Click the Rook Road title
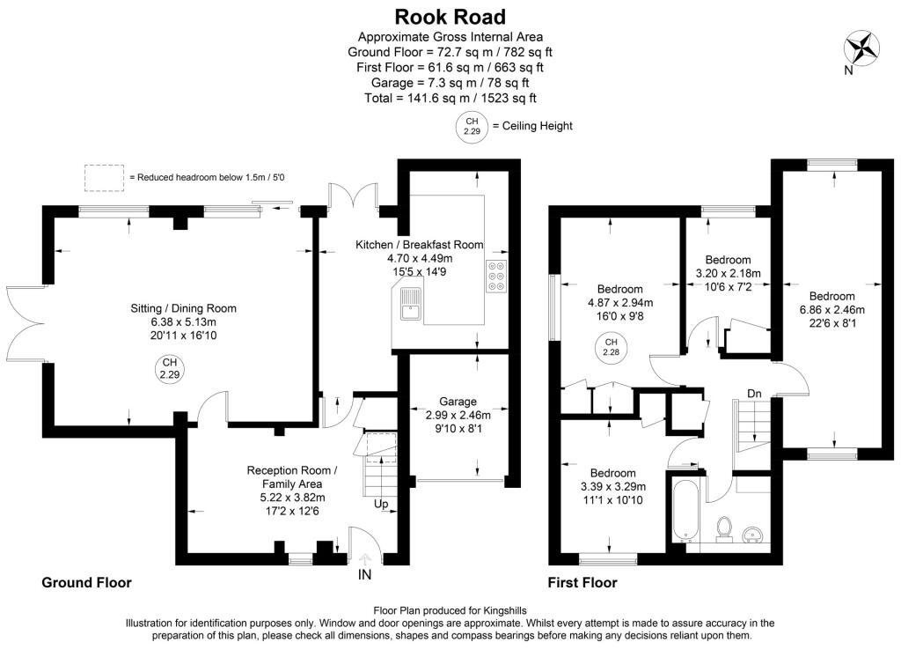pyautogui.click(x=450, y=16)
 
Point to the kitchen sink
pyautogui.click(x=408, y=308)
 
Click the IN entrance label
pyautogui.click(x=364, y=574)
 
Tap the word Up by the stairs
pyautogui.click(x=381, y=504)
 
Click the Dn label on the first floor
pyautogui.click(x=754, y=393)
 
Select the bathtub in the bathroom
pyautogui.click(x=685, y=510)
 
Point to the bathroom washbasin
pyautogui.click(x=754, y=534)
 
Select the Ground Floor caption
pyautogui.click(x=86, y=583)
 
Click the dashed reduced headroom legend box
pyautogui.click(x=104, y=177)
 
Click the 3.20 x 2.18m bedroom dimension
pyautogui.click(x=728, y=273)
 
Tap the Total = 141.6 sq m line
pyautogui.click(x=450, y=98)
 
